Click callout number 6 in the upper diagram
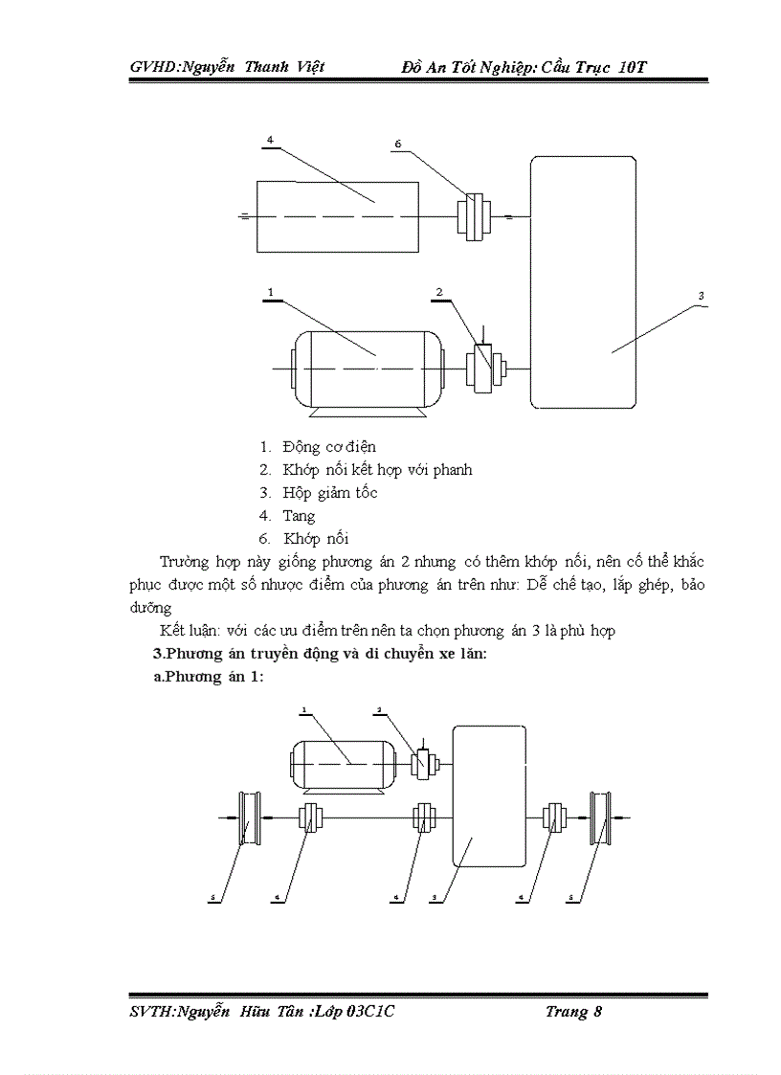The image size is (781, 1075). click(x=397, y=144)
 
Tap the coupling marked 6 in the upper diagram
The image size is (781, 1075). click(x=473, y=216)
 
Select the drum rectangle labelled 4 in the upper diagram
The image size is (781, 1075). click(x=337, y=217)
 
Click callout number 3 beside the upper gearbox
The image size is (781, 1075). click(x=701, y=297)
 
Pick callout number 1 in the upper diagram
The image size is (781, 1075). click(x=271, y=291)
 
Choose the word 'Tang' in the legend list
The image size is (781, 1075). click(x=299, y=516)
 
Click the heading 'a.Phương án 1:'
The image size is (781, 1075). click(x=209, y=677)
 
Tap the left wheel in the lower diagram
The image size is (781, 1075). click(x=249, y=817)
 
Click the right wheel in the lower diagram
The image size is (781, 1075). click(x=603, y=817)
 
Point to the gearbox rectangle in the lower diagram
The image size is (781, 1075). click(x=488, y=809)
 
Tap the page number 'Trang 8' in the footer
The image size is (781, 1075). click(x=573, y=1012)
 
